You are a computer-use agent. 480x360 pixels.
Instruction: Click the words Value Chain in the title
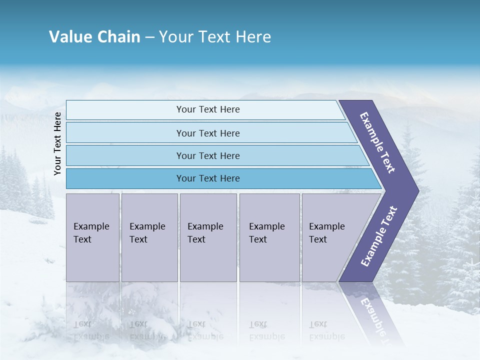[x=94, y=37]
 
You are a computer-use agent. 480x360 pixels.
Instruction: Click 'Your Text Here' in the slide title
[x=215, y=37]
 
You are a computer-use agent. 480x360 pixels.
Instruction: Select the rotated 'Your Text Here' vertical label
[x=57, y=143]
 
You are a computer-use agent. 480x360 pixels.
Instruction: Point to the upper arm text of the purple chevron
[x=377, y=142]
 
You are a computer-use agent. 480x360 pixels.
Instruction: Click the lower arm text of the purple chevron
[x=379, y=236]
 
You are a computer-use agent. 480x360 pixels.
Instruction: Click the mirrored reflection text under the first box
[x=91, y=330]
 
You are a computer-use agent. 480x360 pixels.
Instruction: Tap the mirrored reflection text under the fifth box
[x=326, y=330]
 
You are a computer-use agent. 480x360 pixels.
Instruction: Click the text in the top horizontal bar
[x=208, y=109]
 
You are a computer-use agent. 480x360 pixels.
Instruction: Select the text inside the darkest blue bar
[x=208, y=178]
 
